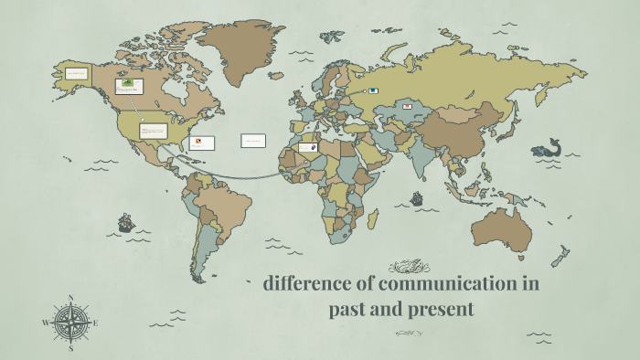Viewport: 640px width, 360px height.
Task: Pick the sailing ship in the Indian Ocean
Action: [417, 197]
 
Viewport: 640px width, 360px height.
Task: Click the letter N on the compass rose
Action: [71, 298]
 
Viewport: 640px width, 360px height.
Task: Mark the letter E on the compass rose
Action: [96, 323]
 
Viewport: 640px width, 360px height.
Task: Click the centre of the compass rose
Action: [71, 323]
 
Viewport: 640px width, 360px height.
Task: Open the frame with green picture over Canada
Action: [129, 86]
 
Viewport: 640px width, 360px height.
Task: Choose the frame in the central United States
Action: [153, 131]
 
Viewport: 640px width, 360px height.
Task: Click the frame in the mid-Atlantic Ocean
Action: [253, 141]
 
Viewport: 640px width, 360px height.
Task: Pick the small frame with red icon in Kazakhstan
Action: [406, 107]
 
